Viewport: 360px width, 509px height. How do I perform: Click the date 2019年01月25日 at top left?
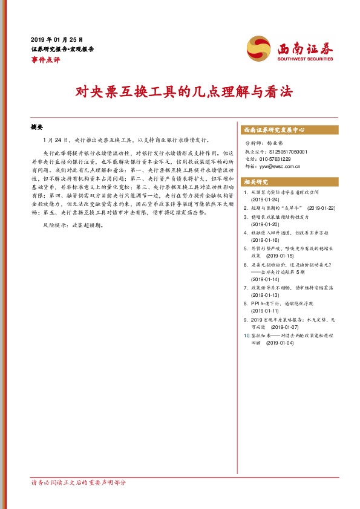coord(57,39)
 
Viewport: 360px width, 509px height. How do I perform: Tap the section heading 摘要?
coord(37,128)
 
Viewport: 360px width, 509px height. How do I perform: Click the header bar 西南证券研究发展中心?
coord(273,130)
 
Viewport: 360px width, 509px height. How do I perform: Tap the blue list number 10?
coord(245,334)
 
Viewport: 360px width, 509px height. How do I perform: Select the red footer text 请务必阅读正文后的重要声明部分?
coord(79,484)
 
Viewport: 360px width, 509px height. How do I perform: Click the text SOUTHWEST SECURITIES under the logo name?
coord(306,59)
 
